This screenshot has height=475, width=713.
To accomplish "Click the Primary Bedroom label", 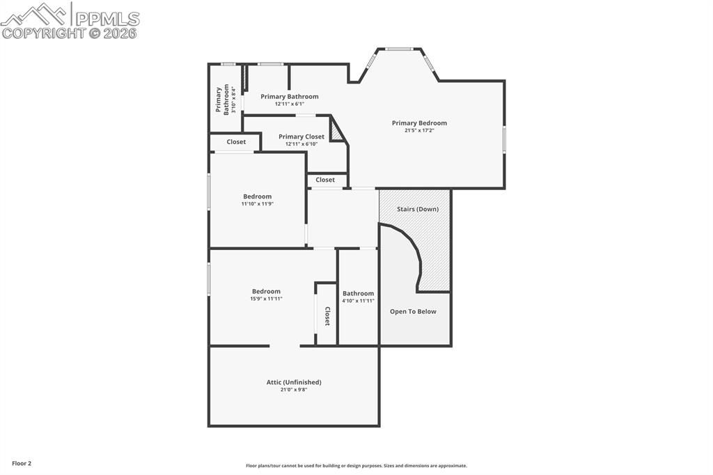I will [419, 123].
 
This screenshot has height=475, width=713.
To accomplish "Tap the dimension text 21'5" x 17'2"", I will [419, 130].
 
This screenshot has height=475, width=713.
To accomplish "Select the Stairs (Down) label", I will [418, 209].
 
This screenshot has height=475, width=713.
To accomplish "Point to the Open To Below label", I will [413, 311].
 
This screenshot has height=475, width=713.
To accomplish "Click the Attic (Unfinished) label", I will [294, 382].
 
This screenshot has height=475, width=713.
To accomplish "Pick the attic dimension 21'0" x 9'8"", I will [294, 389].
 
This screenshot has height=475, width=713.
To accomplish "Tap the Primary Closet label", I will [301, 137].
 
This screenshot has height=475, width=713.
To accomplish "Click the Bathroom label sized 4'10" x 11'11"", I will [358, 294].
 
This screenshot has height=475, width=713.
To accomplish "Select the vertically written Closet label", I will [327, 316].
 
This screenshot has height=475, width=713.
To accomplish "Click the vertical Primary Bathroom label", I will [222, 100].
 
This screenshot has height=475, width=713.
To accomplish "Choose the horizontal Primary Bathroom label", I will [290, 97].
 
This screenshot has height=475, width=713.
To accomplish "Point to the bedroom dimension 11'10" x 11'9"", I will [257, 204].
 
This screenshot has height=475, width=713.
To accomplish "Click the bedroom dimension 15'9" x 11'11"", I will [266, 299].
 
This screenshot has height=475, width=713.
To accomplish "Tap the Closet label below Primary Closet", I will [325, 180].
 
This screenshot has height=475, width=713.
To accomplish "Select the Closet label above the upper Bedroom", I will [236, 142].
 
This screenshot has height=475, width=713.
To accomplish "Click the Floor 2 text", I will [22, 463].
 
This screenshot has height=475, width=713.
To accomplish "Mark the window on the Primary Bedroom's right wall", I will [504, 138].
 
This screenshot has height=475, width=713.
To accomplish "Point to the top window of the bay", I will [400, 49].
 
